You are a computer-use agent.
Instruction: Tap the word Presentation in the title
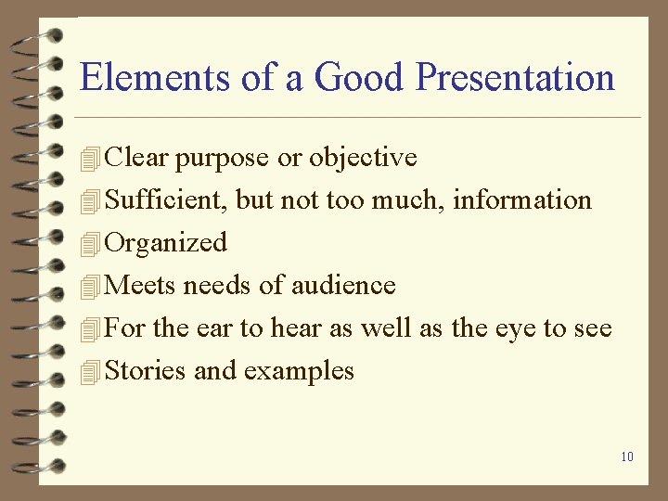[x=515, y=77]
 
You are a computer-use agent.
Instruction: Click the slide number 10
[x=627, y=456]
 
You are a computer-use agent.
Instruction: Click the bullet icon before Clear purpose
[x=89, y=160]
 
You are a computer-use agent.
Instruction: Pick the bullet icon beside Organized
[x=89, y=245]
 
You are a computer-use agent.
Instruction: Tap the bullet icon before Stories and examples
[x=89, y=373]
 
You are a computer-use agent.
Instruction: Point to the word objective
[x=363, y=159]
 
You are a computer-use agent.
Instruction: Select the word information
[x=522, y=200]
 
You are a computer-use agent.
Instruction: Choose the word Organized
[x=166, y=243]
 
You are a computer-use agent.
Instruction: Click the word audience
[x=343, y=286]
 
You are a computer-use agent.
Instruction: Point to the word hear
[x=293, y=328]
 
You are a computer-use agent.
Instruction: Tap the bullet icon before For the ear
[x=89, y=330]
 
